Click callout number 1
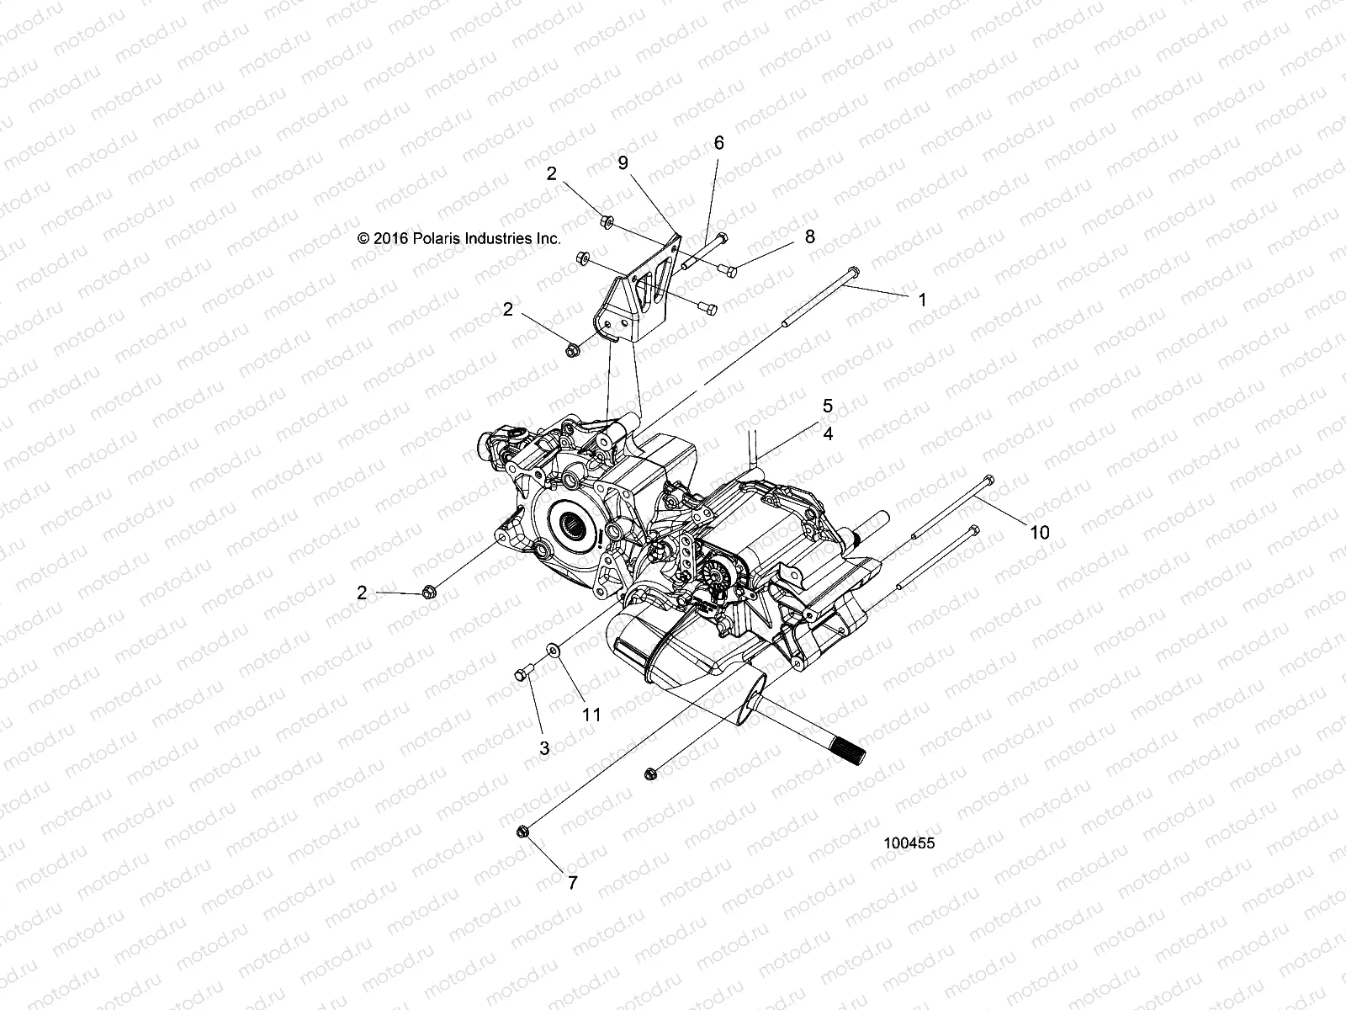[922, 300]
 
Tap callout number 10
[1040, 533]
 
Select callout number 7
[572, 883]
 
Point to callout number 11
[592, 715]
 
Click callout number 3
[544, 747]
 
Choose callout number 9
[623, 163]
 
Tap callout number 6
[718, 143]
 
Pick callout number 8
[809, 237]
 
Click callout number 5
[828, 406]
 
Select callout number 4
[828, 434]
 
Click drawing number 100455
[909, 843]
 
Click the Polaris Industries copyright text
[458, 238]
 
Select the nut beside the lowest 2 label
[427, 593]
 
